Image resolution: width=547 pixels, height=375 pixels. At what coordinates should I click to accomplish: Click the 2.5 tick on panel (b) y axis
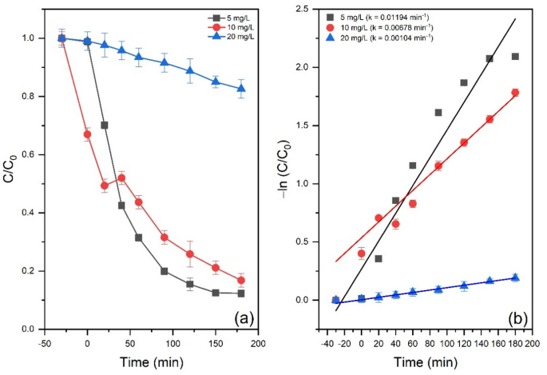tap(302, 9)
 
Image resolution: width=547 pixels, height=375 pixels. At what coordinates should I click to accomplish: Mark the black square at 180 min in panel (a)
tap(241, 293)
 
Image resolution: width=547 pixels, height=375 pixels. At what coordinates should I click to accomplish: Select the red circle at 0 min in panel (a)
tap(87, 134)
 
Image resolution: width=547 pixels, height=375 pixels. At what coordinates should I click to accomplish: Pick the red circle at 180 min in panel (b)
tap(515, 93)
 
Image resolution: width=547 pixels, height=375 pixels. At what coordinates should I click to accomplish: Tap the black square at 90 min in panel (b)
tap(438, 113)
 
